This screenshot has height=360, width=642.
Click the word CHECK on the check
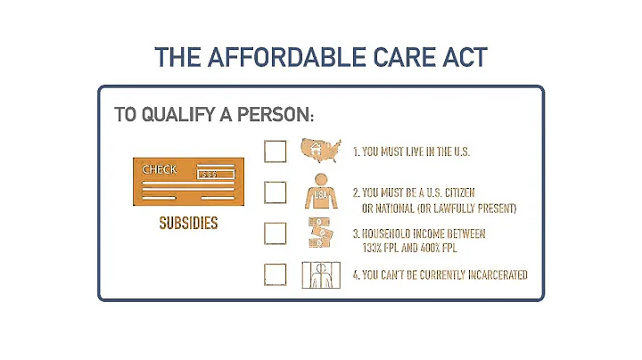(x=160, y=169)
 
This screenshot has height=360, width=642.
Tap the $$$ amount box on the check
(x=209, y=174)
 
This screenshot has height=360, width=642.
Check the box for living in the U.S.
(x=276, y=151)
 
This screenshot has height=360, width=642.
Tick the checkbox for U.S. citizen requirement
(x=276, y=192)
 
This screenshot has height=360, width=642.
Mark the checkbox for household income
(x=276, y=233)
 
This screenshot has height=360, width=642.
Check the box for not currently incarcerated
(x=276, y=274)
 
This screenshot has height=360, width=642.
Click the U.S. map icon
(x=322, y=151)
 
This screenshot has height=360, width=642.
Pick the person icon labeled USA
(x=320, y=192)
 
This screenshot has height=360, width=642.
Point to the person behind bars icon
(x=320, y=274)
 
